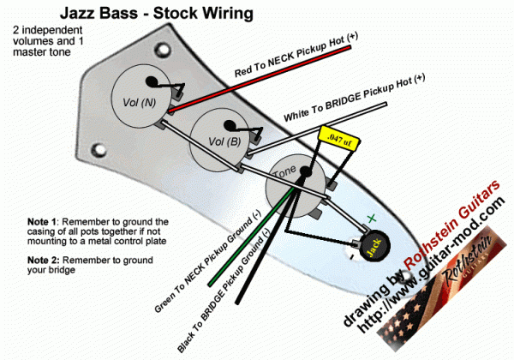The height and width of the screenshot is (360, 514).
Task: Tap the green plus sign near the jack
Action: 371,219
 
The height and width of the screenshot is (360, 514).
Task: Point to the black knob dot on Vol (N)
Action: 153,82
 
